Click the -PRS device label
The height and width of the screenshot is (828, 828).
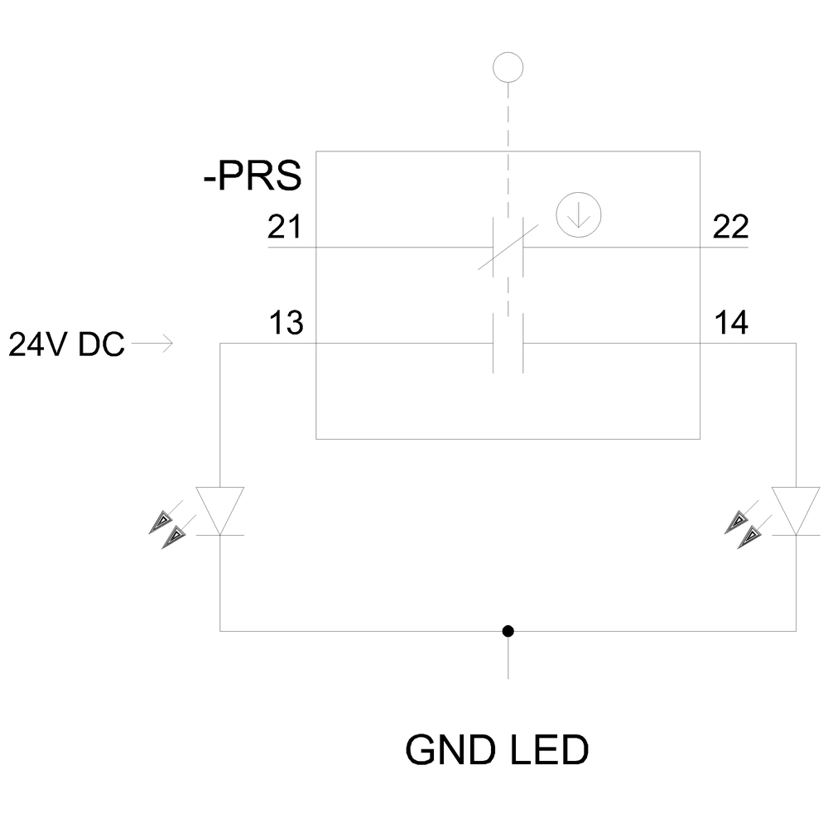[253, 176]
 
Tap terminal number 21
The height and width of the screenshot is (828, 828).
[285, 227]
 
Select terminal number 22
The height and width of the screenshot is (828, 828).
[730, 227]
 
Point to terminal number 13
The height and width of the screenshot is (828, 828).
[286, 323]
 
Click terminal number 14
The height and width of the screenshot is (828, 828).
[731, 323]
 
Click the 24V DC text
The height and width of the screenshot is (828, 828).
[66, 344]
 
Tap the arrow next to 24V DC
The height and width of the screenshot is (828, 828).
[152, 344]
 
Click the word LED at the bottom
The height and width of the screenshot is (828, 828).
[550, 750]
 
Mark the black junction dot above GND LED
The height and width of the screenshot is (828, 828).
[508, 631]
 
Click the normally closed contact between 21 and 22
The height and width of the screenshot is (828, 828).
[508, 247]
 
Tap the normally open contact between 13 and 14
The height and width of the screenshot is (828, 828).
[508, 344]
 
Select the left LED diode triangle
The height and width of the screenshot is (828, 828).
[220, 511]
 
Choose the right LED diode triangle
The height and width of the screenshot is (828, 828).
[796, 511]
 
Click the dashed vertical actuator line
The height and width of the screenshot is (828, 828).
[508, 200]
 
